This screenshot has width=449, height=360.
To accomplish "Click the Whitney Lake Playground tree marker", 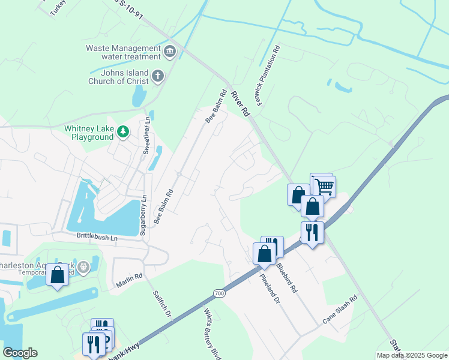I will (122, 131).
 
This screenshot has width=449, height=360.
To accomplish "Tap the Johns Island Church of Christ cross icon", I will (158, 76).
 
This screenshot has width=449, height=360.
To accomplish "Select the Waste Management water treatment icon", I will (170, 52).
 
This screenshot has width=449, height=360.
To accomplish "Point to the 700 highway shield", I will (219, 293).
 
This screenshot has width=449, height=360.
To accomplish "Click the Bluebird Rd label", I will (287, 277).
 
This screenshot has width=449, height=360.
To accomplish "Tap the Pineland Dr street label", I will (270, 289).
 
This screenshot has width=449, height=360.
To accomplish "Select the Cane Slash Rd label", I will (340, 309).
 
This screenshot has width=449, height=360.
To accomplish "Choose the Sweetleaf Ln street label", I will (145, 137).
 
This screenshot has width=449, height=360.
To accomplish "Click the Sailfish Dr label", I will (162, 304).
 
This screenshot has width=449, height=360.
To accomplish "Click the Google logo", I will (20, 353).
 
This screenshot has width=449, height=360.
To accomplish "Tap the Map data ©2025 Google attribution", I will (412, 355).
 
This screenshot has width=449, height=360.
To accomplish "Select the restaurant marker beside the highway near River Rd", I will (312, 232).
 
